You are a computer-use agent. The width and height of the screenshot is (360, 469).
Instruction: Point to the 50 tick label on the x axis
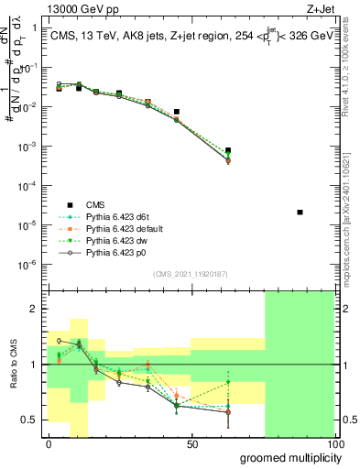tap(192, 444)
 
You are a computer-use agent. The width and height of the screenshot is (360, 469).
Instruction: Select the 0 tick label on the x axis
tap(49, 444)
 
